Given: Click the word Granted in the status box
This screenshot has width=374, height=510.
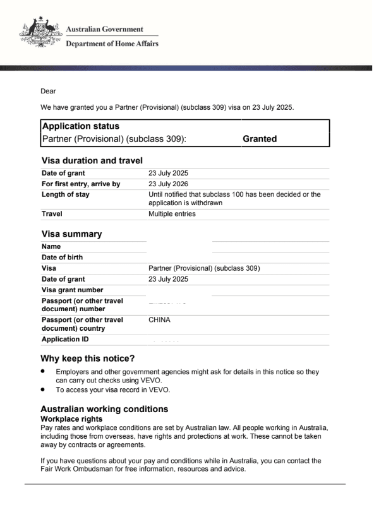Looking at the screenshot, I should click(x=260, y=139).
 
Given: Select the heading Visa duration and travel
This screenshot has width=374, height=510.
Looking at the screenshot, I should click(x=92, y=160).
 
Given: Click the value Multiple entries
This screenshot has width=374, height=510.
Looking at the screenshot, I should click(x=172, y=214).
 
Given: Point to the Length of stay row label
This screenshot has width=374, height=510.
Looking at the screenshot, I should click(x=65, y=194).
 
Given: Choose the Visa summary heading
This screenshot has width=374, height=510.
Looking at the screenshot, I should click(x=71, y=234).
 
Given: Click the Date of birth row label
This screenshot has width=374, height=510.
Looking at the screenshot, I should click(x=62, y=258).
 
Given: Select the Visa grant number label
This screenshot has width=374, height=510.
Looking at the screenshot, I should click(x=72, y=290).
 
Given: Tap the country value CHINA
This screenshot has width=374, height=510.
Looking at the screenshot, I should click(x=160, y=319).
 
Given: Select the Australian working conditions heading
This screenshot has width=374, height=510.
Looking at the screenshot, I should click(x=104, y=409).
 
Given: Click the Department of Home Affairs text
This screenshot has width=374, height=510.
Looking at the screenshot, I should click(x=112, y=44).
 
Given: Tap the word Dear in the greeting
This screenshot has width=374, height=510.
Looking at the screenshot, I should click(x=49, y=91).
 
